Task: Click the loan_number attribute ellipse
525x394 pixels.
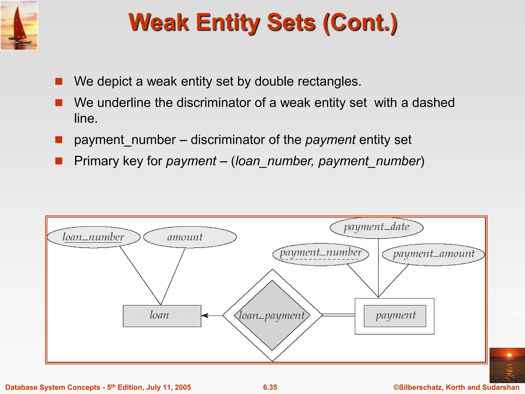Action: click(94, 237)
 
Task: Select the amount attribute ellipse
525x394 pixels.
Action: click(190, 237)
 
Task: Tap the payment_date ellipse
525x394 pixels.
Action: click(376, 227)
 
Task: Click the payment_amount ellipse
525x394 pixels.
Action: click(433, 254)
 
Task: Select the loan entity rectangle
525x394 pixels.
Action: click(162, 316)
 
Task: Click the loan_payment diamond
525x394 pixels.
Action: click(272, 315)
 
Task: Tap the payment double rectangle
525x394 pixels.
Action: click(395, 316)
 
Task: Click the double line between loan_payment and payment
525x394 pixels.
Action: click(338, 315)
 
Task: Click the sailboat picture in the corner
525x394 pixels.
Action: click(19, 25)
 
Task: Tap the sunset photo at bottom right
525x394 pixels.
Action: click(507, 365)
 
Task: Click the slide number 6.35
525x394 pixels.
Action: click(270, 387)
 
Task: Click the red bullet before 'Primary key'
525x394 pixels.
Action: click(59, 161)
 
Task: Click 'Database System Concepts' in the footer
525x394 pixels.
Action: click(53, 387)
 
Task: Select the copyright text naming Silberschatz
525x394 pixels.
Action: click(456, 387)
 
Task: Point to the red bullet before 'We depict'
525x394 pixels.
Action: click(59, 82)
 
